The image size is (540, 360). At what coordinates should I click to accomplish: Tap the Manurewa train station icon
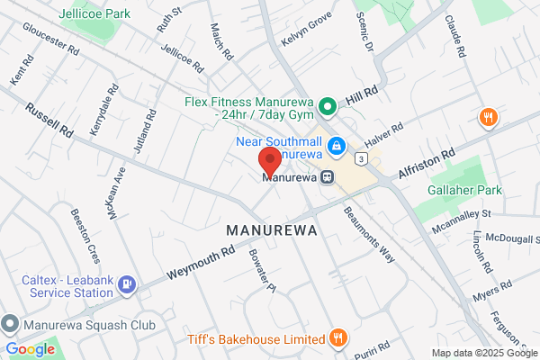[x=328, y=177]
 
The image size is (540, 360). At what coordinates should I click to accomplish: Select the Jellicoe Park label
[x=93, y=14]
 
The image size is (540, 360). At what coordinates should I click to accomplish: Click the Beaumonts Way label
[x=369, y=232]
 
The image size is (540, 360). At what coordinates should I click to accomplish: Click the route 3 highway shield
[x=360, y=157]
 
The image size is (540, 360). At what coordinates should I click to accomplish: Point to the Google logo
[x=31, y=348]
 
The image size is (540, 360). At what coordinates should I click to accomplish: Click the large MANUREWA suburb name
[x=270, y=230]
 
